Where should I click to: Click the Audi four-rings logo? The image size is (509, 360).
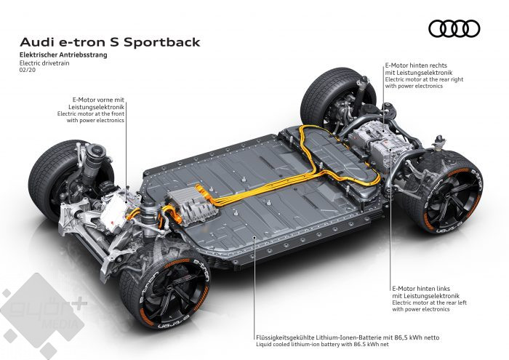pyautogui.click(x=455, y=28)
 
